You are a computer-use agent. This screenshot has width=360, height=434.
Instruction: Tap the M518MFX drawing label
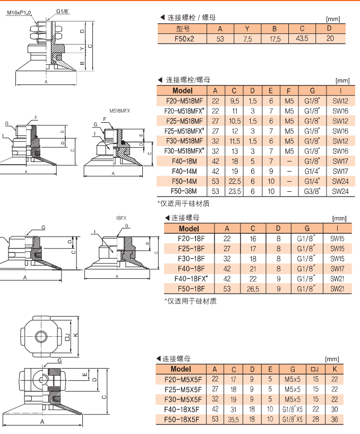(119, 110)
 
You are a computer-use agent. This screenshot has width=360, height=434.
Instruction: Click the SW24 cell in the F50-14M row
(340, 181)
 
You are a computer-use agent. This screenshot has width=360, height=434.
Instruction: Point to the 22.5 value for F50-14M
(234, 181)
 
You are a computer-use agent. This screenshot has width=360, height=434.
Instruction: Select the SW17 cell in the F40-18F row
(337, 268)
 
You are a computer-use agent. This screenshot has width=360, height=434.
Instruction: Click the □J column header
(314, 369)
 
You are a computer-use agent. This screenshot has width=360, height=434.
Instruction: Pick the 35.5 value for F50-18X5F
(234, 420)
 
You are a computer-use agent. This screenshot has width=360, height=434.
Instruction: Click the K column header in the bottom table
(334, 369)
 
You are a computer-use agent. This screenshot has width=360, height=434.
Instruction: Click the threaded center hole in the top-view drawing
(41, 336)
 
